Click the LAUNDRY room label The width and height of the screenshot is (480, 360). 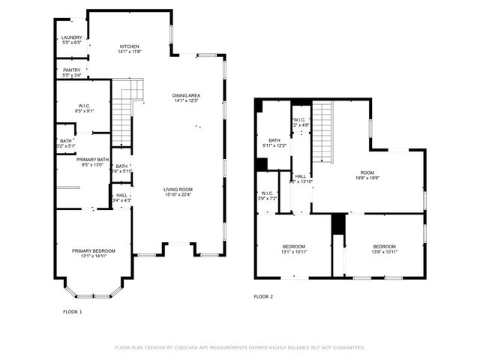point(71,37)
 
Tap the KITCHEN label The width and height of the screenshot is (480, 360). point(129,46)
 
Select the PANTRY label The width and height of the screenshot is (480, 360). point(71,70)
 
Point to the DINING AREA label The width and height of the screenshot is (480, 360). point(185,95)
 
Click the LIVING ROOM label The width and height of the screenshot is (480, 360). point(178,189)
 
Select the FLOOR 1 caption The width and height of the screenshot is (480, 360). point(72,310)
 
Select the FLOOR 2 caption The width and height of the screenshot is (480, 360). point(263,297)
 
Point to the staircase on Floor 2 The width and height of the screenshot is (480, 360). point(321,131)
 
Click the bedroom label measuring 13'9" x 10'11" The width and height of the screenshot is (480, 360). point(384,247)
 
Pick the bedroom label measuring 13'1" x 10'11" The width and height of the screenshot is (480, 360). point(293,247)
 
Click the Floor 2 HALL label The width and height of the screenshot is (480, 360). point(300,176)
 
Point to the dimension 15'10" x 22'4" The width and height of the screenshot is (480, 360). point(178,194)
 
